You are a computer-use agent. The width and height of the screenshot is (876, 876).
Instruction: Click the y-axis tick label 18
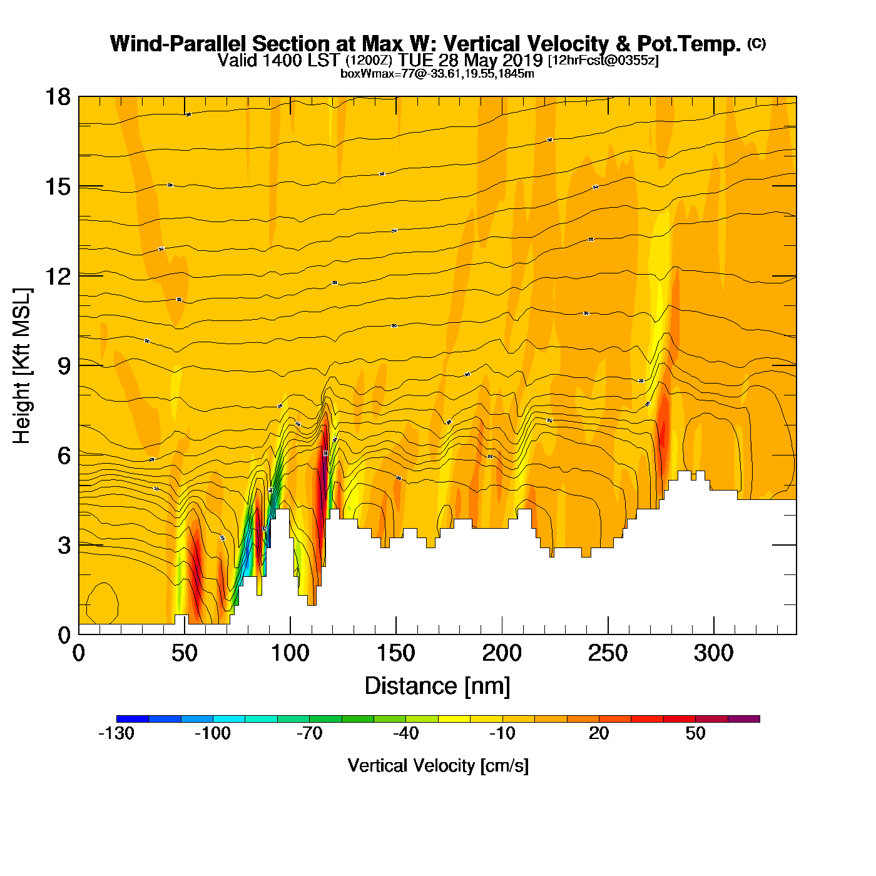click(x=57, y=97)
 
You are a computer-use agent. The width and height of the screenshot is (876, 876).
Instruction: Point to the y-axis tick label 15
click(x=57, y=186)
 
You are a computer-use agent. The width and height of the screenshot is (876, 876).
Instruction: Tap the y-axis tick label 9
click(x=64, y=366)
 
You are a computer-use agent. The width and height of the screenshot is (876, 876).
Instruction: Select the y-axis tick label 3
click(x=64, y=546)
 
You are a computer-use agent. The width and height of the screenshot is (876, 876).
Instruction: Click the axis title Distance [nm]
click(x=437, y=686)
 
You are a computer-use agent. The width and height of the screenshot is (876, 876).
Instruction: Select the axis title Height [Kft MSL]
click(x=23, y=366)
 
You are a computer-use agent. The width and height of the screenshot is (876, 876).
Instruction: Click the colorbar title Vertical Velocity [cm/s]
click(x=438, y=766)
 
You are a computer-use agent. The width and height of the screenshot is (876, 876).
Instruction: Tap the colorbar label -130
click(x=116, y=733)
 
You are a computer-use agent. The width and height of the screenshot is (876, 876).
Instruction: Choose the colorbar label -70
click(x=309, y=733)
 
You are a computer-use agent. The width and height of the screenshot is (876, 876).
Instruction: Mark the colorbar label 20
click(x=599, y=733)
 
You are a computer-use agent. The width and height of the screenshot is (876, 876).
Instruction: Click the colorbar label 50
click(x=695, y=733)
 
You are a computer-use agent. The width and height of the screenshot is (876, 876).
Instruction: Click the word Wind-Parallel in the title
click(x=179, y=44)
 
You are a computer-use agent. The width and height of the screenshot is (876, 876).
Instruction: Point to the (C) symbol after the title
click(x=756, y=43)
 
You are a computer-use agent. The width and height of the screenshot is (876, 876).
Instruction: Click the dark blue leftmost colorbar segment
click(x=133, y=719)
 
